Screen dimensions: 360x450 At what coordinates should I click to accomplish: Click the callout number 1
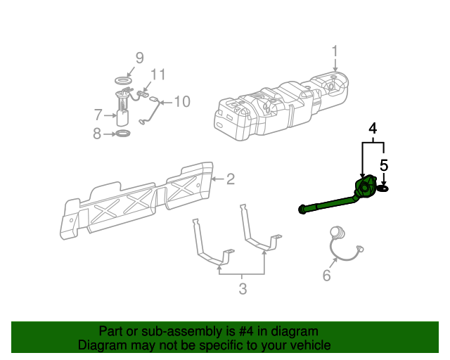pos(335,51)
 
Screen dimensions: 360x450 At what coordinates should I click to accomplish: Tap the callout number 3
pos(242,288)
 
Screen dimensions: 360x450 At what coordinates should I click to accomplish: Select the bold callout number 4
pos(373,129)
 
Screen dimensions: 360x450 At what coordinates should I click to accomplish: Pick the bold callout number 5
pos(384,166)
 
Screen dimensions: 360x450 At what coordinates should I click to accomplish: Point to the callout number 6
pos(326,276)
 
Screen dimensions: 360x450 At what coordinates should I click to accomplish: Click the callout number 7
pos(98,114)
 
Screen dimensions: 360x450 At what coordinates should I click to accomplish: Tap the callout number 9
pos(139,58)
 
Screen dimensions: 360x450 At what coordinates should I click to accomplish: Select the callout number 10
pos(181,102)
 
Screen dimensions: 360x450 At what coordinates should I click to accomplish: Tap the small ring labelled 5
pos(384,188)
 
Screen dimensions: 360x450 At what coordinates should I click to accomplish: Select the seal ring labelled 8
pos(122,133)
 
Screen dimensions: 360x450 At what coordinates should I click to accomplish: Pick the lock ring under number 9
pos(124,82)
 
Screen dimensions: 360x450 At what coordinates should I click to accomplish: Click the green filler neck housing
pos(366,191)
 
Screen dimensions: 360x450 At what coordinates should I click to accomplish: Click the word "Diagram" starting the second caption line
pos(101,345)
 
